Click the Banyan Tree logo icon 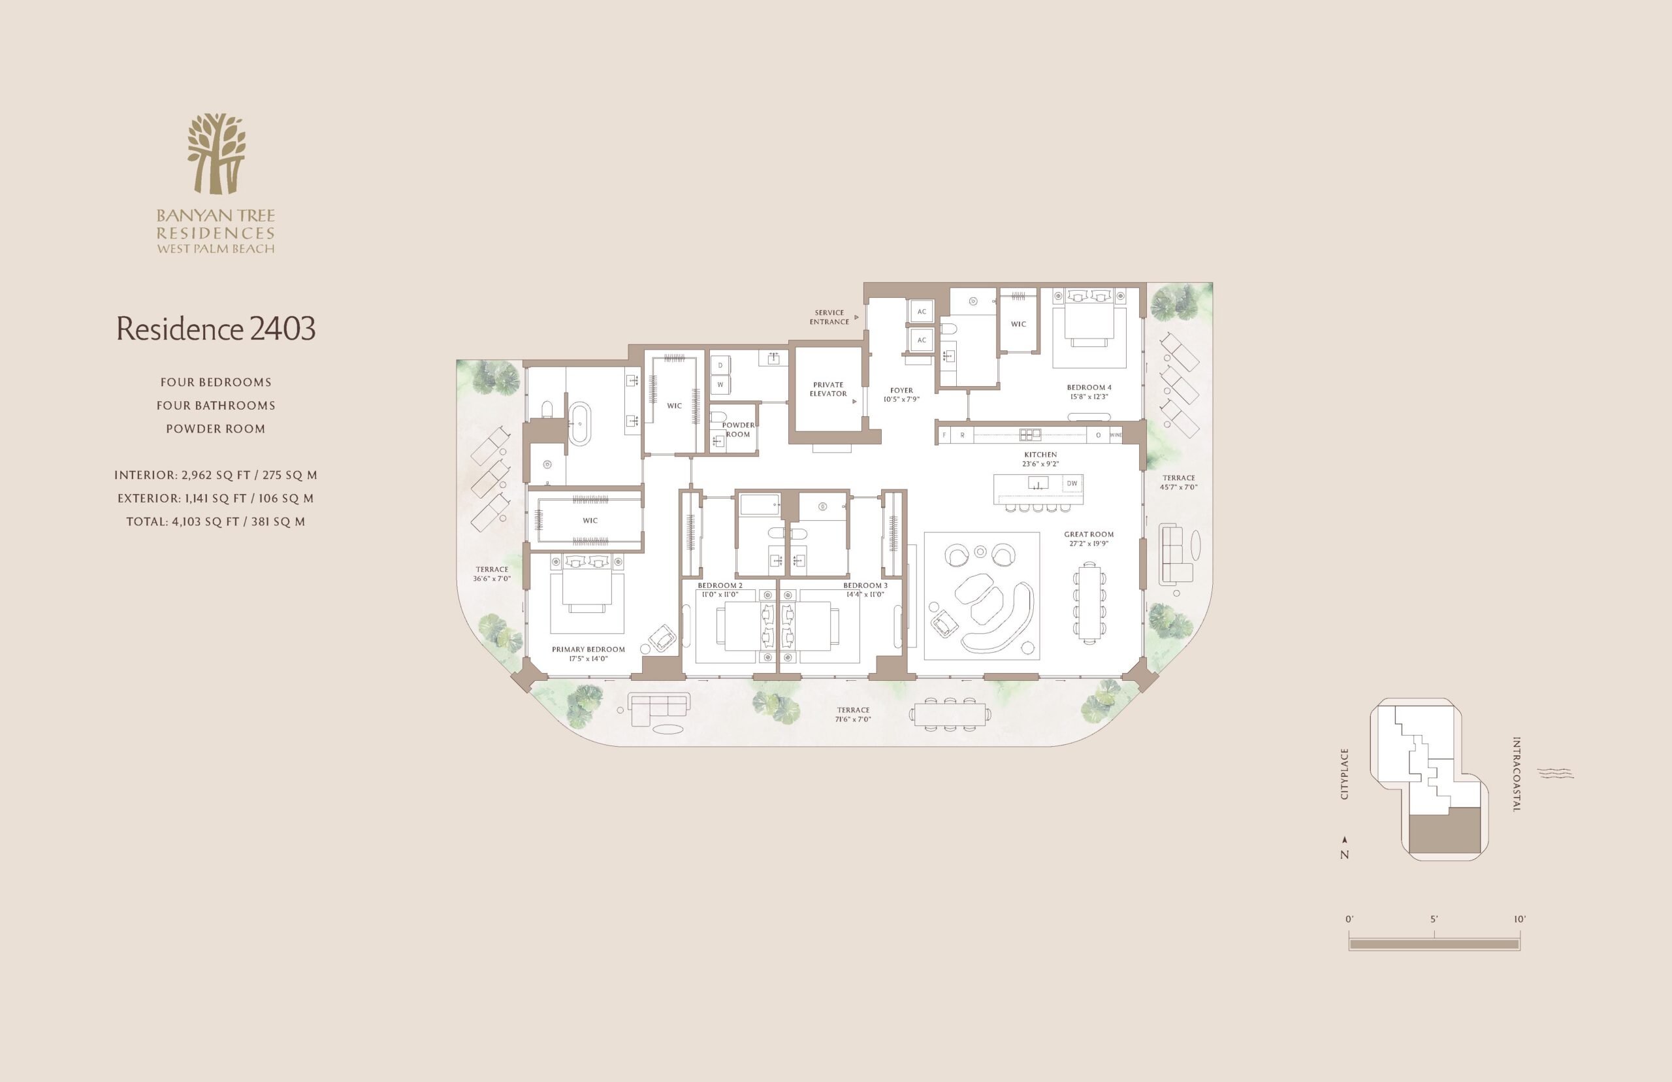click(x=216, y=153)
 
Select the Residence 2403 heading click(x=216, y=328)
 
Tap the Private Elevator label click(x=828, y=389)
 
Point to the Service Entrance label click(x=829, y=317)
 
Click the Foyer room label click(x=902, y=390)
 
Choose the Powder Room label click(x=738, y=429)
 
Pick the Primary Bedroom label click(x=588, y=649)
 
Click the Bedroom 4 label click(x=1089, y=387)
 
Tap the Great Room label click(x=1089, y=534)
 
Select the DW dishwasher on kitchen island click(x=1072, y=484)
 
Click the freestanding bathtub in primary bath click(x=580, y=423)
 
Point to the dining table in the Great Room click(x=1089, y=602)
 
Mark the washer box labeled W click(x=720, y=385)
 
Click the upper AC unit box click(x=922, y=311)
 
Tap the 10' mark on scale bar click(x=1520, y=919)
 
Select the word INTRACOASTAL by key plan click(x=1516, y=774)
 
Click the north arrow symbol click(x=1345, y=839)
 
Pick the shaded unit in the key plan click(x=1446, y=831)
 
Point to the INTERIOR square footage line click(x=216, y=475)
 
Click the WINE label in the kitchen click(x=1115, y=435)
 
